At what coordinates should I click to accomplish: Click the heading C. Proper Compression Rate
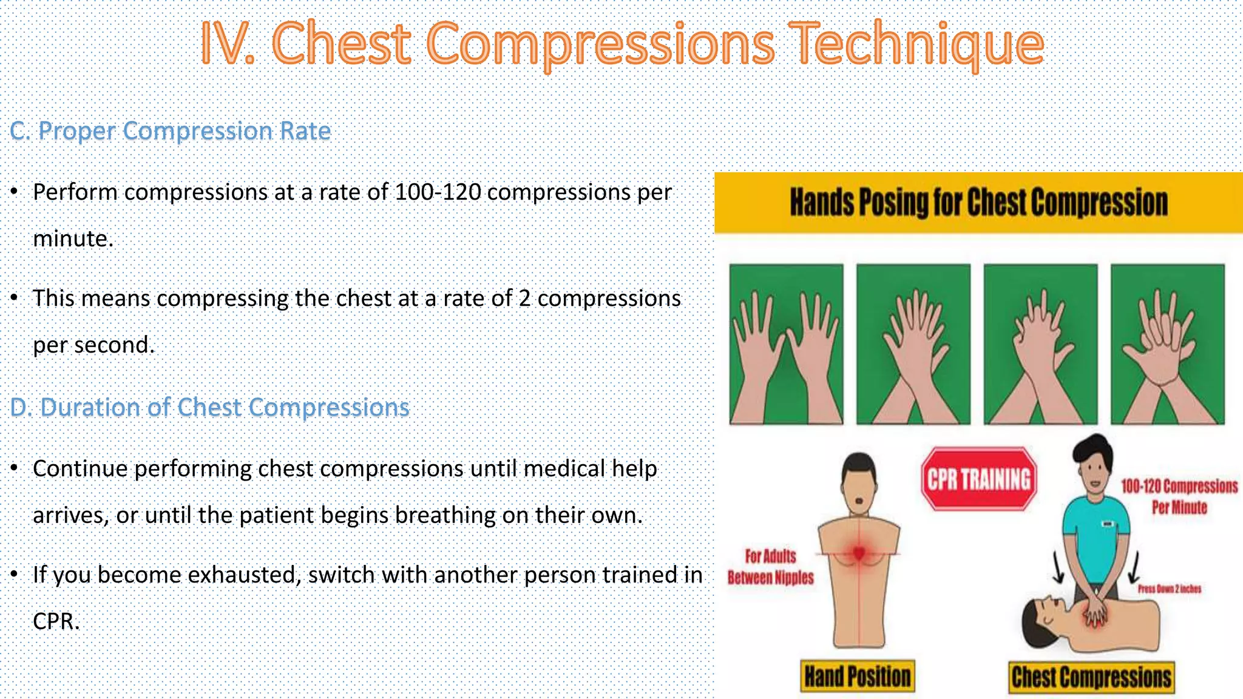(171, 131)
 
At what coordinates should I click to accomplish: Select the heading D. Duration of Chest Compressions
(210, 407)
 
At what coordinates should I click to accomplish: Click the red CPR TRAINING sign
(978, 479)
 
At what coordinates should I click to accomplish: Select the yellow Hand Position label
(857, 677)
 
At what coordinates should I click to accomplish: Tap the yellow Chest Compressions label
(1091, 677)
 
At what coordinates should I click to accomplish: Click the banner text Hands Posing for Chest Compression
(978, 202)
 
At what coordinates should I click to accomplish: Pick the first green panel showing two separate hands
(786, 344)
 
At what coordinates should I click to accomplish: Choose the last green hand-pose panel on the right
(1167, 344)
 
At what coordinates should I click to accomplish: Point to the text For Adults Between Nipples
(770, 567)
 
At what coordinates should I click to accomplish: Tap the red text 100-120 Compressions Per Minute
(1179, 496)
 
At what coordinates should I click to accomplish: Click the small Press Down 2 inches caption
(1169, 589)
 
